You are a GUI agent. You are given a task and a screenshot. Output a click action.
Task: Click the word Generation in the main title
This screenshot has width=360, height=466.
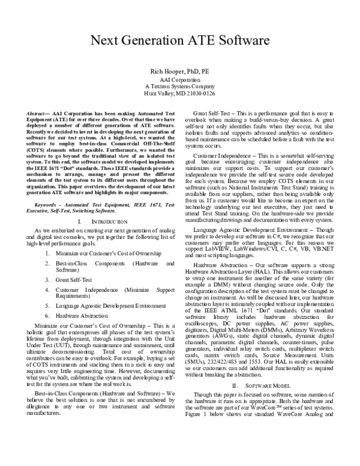point(162,41)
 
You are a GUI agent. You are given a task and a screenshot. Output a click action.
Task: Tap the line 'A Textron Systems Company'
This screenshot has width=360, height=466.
point(179,86)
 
